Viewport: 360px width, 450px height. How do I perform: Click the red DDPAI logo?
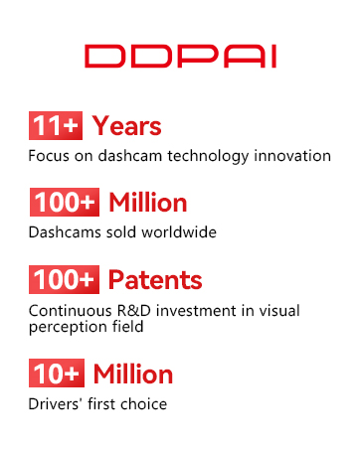pos(180,57)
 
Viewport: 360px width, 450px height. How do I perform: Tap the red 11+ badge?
pos(56,125)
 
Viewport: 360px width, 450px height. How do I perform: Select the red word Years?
pos(126,126)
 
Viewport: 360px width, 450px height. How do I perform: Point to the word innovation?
pos(292,156)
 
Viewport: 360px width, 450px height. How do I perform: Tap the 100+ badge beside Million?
pos(65,202)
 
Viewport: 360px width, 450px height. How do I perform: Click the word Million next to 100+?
pos(148,203)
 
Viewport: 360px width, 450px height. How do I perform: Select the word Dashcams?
pos(65,232)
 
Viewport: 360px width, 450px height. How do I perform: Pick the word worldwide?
pos(179,232)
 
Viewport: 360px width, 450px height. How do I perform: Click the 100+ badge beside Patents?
pos(64,279)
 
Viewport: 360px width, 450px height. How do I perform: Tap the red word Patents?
pos(155,280)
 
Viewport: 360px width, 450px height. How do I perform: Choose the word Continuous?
pos(71,311)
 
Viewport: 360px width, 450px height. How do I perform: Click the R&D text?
pos(134,311)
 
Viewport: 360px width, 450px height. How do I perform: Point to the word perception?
pos(68,327)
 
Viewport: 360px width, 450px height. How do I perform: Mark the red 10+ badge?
pos(57,373)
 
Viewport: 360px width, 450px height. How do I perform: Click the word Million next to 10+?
pos(133,374)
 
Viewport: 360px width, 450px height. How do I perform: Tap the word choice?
pos(143,404)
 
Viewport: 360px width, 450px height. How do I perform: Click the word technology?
pos(208,156)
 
